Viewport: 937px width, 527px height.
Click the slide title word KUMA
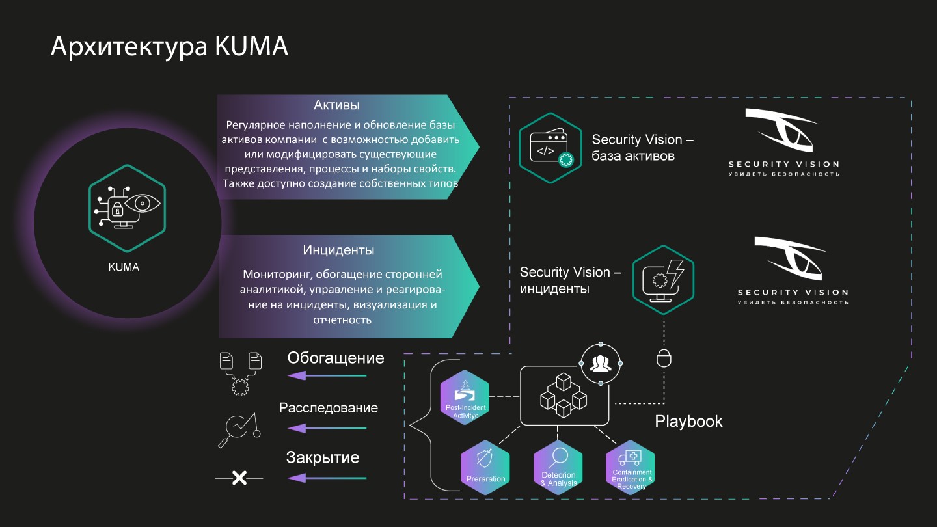[x=251, y=47]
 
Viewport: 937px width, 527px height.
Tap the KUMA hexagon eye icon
[x=127, y=208]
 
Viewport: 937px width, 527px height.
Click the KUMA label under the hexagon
[x=124, y=267]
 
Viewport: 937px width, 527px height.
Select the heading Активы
[x=336, y=105]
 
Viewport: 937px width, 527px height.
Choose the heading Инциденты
[x=338, y=250]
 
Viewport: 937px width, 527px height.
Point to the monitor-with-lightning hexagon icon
[x=663, y=277]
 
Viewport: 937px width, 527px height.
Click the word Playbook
[x=688, y=421]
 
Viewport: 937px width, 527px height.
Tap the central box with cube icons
[x=564, y=395]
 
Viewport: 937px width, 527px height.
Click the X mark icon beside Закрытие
[x=239, y=478]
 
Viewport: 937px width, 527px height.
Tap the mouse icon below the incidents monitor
[x=663, y=358]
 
